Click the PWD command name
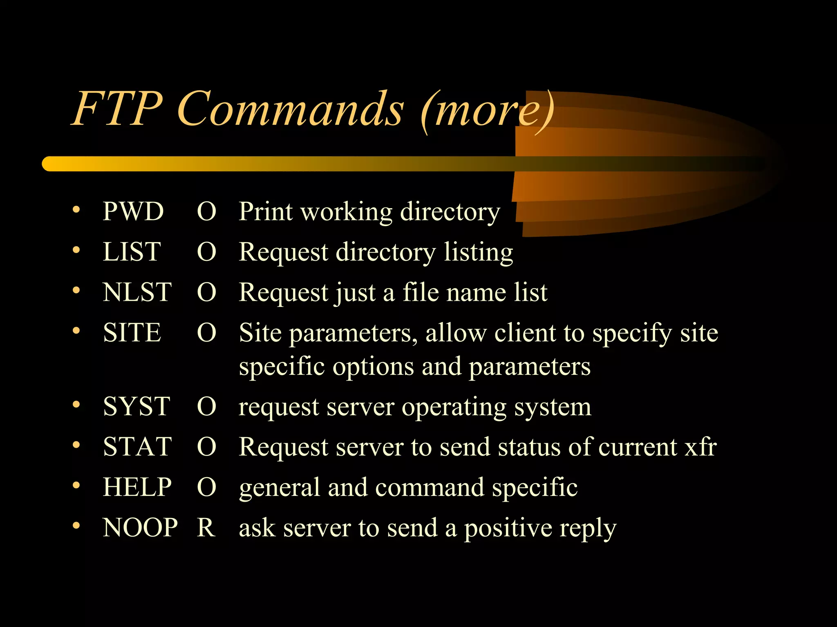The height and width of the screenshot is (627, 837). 133,211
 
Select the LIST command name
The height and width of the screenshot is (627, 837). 132,251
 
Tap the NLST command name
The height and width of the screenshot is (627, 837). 137,292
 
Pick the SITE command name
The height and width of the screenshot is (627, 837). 132,332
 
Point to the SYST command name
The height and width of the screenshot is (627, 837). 136,407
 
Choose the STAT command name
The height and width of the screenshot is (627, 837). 137,447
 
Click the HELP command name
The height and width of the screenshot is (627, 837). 137,487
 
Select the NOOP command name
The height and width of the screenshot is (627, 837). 140,527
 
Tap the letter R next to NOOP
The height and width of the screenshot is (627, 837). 206,527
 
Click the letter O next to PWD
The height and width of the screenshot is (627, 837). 206,211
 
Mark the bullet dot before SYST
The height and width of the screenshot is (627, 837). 76,405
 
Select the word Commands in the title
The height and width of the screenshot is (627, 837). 290,109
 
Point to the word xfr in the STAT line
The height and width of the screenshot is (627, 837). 700,447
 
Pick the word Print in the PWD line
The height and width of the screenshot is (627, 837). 266,211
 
